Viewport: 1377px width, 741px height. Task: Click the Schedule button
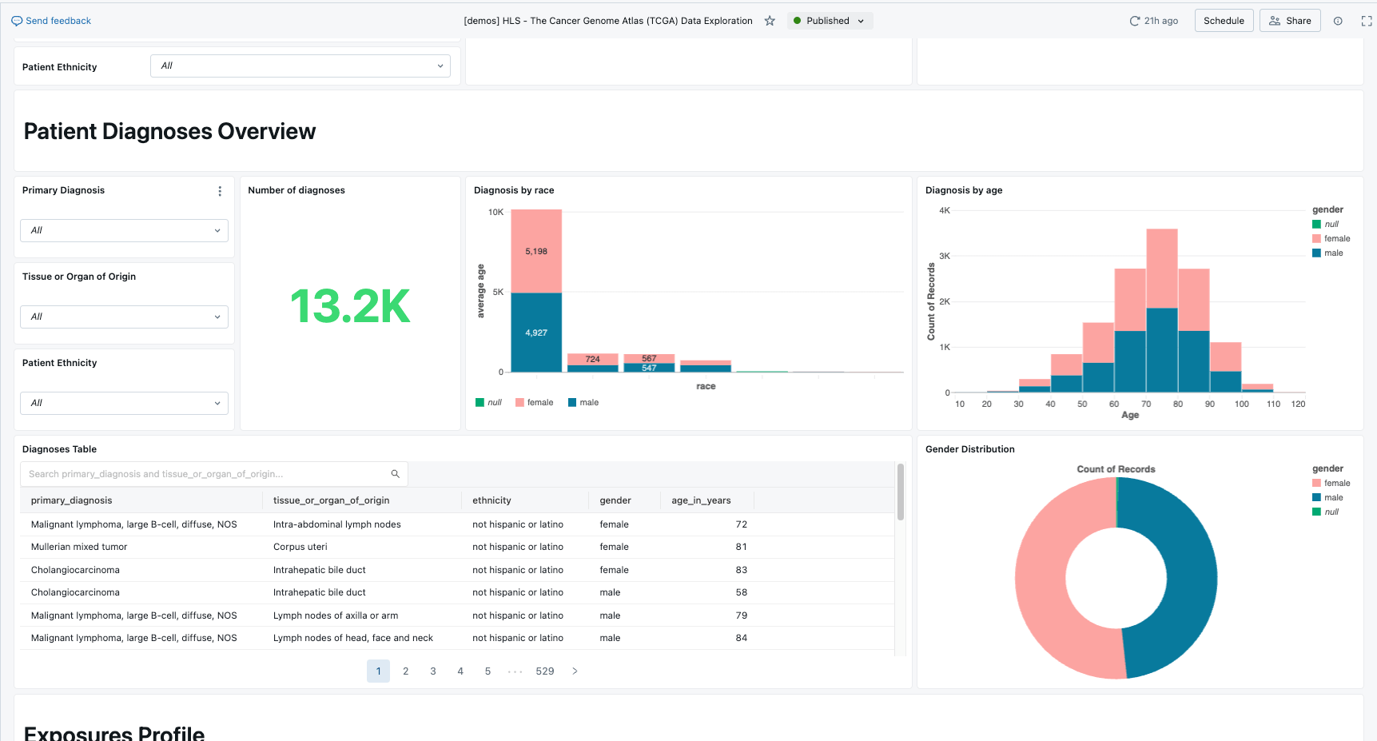(x=1224, y=21)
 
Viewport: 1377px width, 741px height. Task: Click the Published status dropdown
(x=829, y=21)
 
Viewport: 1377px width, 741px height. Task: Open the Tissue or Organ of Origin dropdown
(x=124, y=317)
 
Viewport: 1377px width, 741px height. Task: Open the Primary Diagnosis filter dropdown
(x=124, y=230)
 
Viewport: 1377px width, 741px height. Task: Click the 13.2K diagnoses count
(x=350, y=306)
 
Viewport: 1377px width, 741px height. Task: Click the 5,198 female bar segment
(x=536, y=251)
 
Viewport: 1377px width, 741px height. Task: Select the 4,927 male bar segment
(x=536, y=333)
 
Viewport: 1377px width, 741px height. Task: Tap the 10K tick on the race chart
(x=495, y=213)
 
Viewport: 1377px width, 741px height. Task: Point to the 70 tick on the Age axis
(x=1146, y=404)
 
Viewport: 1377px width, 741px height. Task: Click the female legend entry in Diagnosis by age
(x=1336, y=238)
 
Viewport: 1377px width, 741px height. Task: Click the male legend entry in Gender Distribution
(x=1333, y=497)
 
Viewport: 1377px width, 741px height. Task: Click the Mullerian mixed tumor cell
(x=79, y=547)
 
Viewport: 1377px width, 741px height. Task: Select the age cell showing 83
(x=741, y=570)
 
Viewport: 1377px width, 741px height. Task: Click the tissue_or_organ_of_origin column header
(x=331, y=500)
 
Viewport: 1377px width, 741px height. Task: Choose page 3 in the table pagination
(x=433, y=671)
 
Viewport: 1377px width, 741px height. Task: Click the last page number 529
(x=545, y=671)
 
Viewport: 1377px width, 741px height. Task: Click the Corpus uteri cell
(x=300, y=547)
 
